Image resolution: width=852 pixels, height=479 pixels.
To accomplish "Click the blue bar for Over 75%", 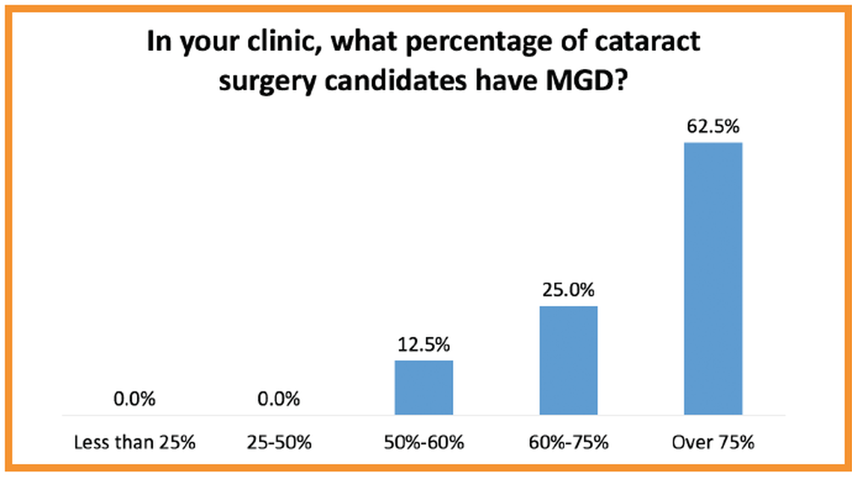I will pyautogui.click(x=713, y=278).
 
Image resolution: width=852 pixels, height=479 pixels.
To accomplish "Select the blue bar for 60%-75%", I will pyautogui.click(x=568, y=360).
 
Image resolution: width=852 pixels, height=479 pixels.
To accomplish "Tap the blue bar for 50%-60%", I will pyautogui.click(x=424, y=387).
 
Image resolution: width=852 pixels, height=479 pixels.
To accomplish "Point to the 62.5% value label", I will pyautogui.click(x=713, y=126).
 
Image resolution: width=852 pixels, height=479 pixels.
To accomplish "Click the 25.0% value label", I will pyautogui.click(x=568, y=290).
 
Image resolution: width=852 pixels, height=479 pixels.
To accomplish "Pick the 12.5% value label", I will pyautogui.click(x=424, y=345).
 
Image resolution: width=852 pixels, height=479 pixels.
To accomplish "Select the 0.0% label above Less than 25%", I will pyautogui.click(x=135, y=399).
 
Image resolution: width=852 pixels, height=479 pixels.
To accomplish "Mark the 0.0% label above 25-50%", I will pyautogui.click(x=279, y=399).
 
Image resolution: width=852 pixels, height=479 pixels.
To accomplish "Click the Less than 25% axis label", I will pyautogui.click(x=135, y=442).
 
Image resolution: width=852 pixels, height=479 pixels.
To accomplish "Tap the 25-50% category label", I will pyautogui.click(x=279, y=442).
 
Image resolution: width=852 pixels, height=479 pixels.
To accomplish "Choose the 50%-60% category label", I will pyautogui.click(x=424, y=442).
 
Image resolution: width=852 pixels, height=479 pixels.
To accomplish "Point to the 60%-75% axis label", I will pyautogui.click(x=568, y=442).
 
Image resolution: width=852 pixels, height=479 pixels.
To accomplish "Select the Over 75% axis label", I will pyautogui.click(x=713, y=442).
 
